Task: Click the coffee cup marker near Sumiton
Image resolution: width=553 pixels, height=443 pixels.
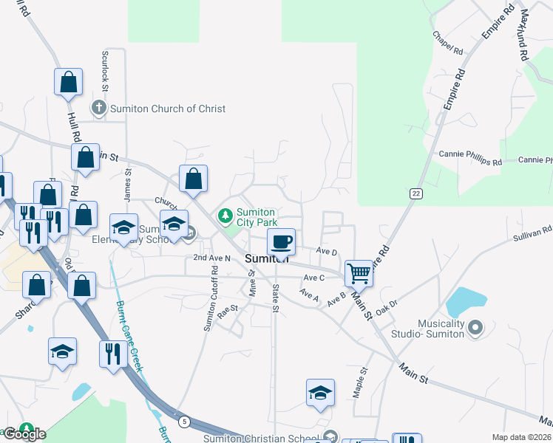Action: (281, 241)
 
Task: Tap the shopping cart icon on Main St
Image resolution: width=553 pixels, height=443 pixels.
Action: (359, 272)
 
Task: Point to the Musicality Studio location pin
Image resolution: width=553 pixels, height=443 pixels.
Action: (475, 326)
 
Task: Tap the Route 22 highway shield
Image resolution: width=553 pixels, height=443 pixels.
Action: (416, 192)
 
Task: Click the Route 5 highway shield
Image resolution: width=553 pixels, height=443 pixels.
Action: (184, 422)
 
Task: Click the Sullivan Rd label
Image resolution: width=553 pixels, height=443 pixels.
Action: (532, 235)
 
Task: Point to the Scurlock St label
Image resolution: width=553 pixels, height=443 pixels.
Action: (106, 72)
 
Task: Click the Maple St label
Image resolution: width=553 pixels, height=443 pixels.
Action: (360, 383)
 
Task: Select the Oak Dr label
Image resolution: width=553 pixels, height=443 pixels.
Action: (387, 307)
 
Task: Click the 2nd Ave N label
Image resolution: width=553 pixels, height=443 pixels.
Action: (212, 258)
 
